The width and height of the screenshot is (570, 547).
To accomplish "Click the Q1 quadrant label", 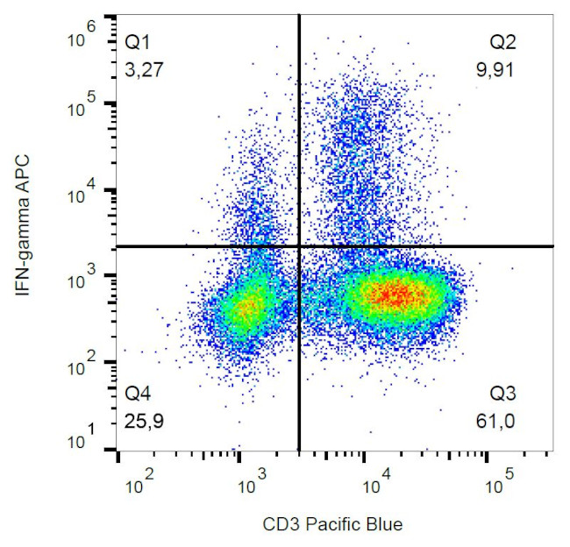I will coord(137,40).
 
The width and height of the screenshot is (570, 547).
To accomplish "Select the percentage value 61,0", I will coord(501,422).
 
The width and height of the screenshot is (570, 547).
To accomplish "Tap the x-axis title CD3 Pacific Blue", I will coord(332,525).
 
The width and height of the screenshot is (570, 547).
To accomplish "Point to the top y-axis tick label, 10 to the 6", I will coord(83,33).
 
